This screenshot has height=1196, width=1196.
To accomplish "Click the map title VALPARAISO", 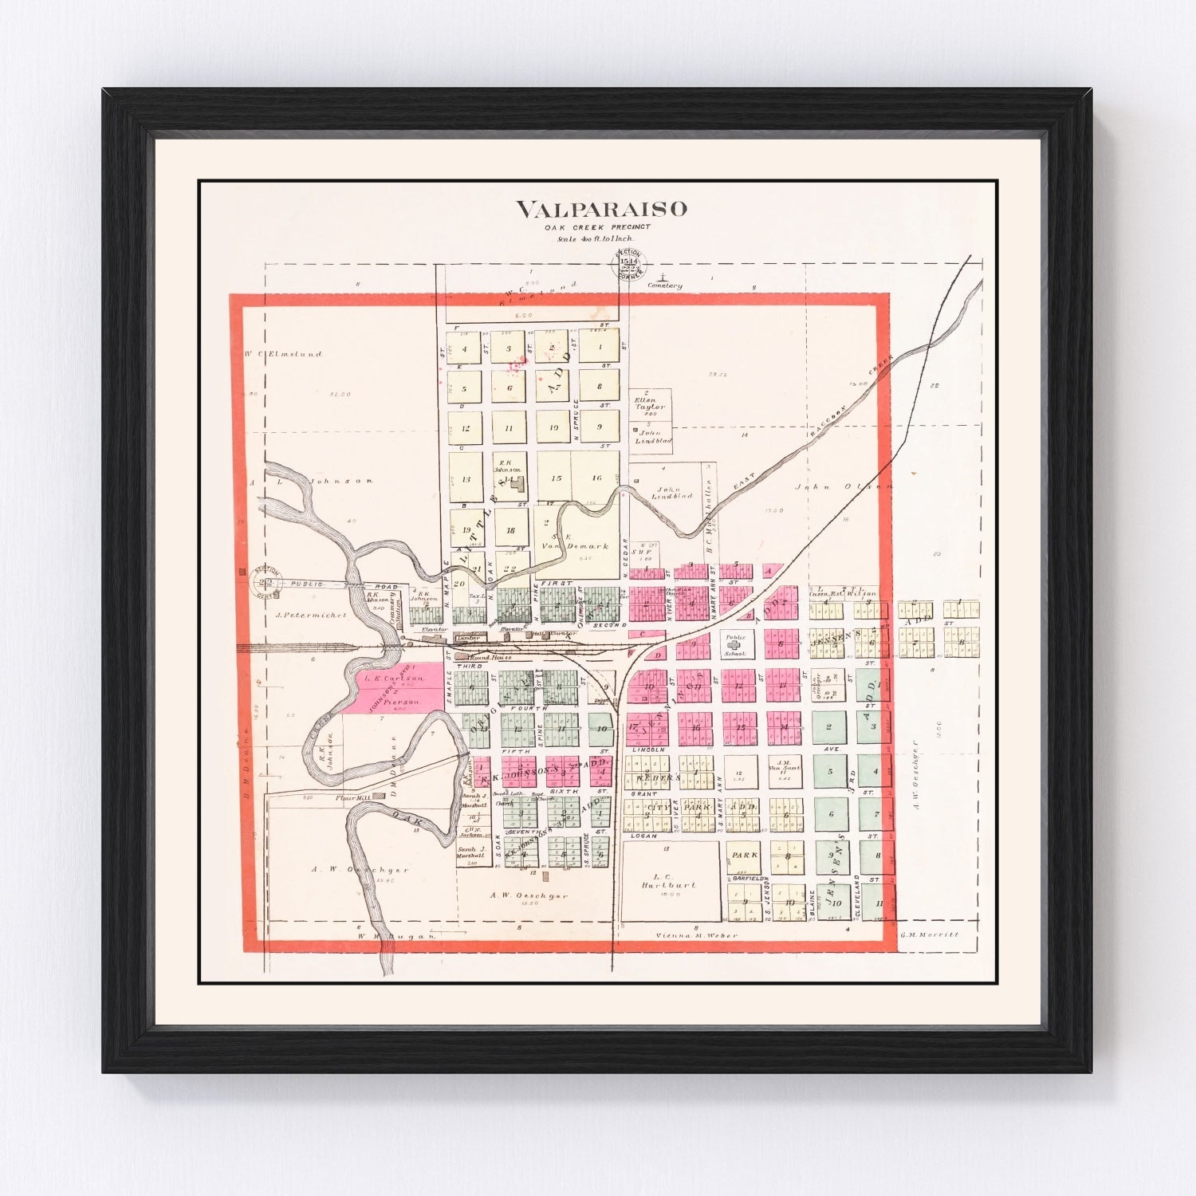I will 600,210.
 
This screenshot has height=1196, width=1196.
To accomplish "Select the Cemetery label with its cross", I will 665,283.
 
